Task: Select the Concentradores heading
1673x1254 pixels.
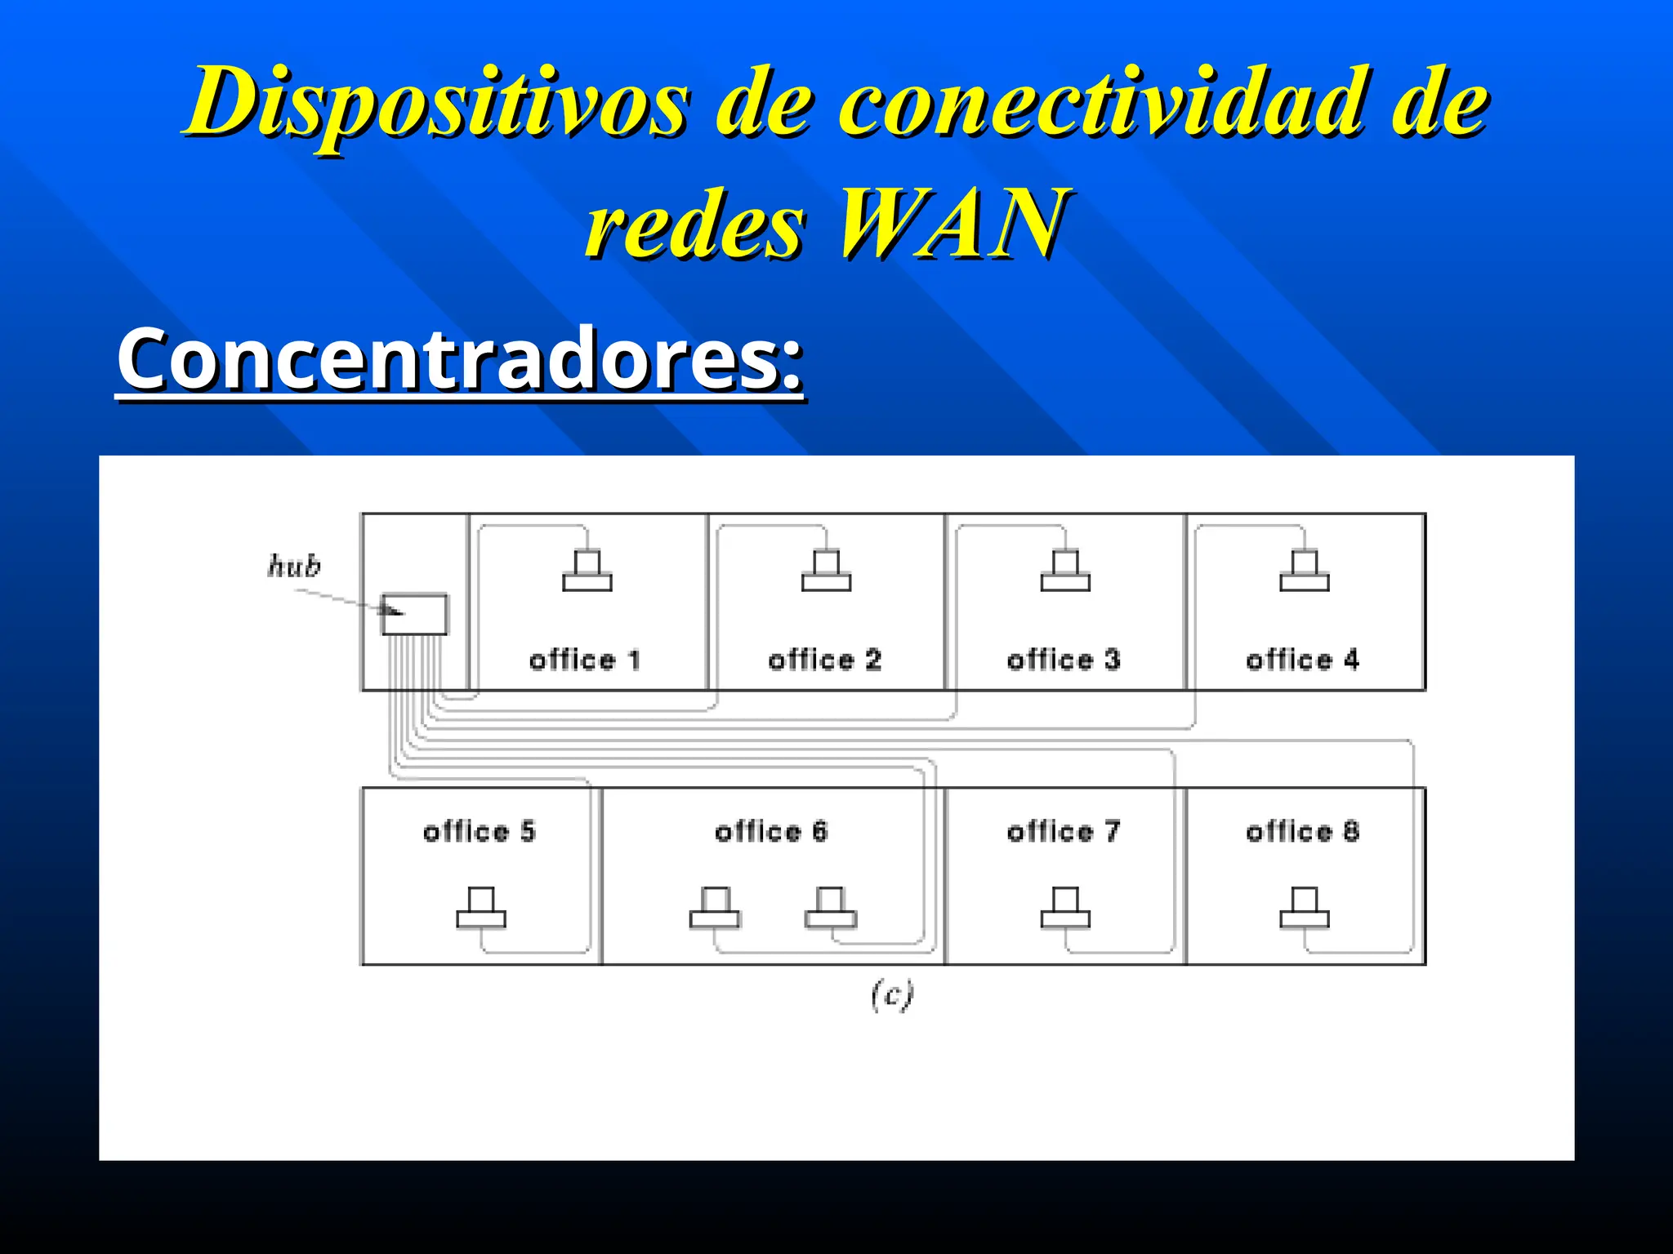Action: tap(460, 360)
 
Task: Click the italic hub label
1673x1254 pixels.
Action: tap(294, 566)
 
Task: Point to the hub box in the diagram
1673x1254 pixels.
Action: tap(415, 615)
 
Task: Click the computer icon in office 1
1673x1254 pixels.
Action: tap(587, 571)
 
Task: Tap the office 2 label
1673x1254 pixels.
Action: tap(825, 660)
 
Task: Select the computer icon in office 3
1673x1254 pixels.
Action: tap(1065, 571)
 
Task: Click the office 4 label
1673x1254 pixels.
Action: tap(1303, 660)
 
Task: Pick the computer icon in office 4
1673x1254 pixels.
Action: tap(1305, 571)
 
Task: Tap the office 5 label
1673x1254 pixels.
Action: tap(480, 832)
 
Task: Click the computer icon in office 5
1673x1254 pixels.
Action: tap(481, 908)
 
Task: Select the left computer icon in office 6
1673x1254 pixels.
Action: tap(715, 908)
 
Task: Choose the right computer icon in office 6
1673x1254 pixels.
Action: tap(831, 908)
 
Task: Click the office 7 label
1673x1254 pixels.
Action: tap(1064, 832)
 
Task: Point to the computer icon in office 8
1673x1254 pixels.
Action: tap(1305, 908)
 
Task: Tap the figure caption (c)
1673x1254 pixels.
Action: tap(892, 995)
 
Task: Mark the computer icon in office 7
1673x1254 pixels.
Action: tap(1065, 908)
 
